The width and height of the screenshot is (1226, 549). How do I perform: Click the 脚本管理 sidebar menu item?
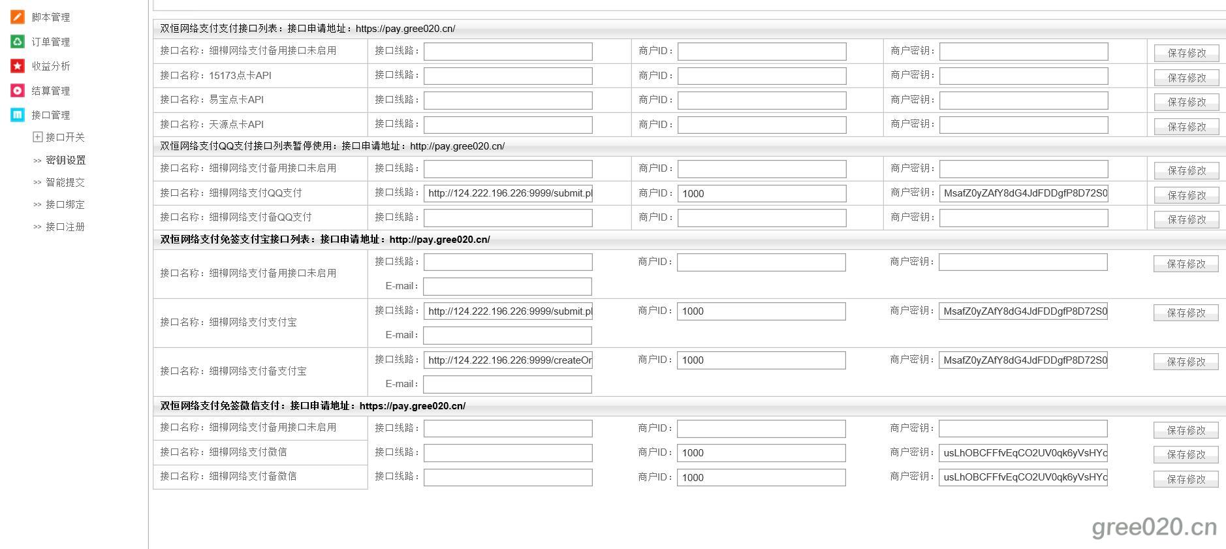[50, 17]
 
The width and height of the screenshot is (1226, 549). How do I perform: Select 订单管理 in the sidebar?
[50, 42]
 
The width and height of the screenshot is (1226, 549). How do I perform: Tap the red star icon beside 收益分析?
[18, 66]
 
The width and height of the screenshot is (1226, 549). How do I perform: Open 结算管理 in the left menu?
[50, 91]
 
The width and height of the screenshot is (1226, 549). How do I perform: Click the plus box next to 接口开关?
[38, 137]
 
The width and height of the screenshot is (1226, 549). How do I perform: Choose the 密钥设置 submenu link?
[65, 160]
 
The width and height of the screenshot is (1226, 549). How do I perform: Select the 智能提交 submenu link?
[65, 182]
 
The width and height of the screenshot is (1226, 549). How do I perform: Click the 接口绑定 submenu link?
[65, 204]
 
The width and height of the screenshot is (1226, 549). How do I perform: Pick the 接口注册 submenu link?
[65, 227]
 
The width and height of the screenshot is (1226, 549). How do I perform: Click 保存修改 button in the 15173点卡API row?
[1186, 78]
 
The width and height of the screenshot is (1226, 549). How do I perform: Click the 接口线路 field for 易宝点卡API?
[508, 101]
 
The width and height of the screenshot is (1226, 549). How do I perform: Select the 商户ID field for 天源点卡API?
[761, 125]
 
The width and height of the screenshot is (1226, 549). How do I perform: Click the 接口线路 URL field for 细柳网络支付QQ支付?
[508, 193]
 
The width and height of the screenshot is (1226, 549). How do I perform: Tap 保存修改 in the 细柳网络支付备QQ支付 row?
[1186, 219]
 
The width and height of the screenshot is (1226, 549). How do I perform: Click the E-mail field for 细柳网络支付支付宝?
[507, 336]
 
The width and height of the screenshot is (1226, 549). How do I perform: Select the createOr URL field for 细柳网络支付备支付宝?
[508, 360]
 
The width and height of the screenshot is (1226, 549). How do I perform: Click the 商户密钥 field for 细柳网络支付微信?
[1023, 453]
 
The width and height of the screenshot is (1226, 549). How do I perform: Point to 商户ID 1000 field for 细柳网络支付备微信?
[761, 478]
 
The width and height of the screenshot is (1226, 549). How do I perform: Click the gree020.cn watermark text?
[1154, 527]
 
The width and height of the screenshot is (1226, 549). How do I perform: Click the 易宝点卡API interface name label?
[236, 100]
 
